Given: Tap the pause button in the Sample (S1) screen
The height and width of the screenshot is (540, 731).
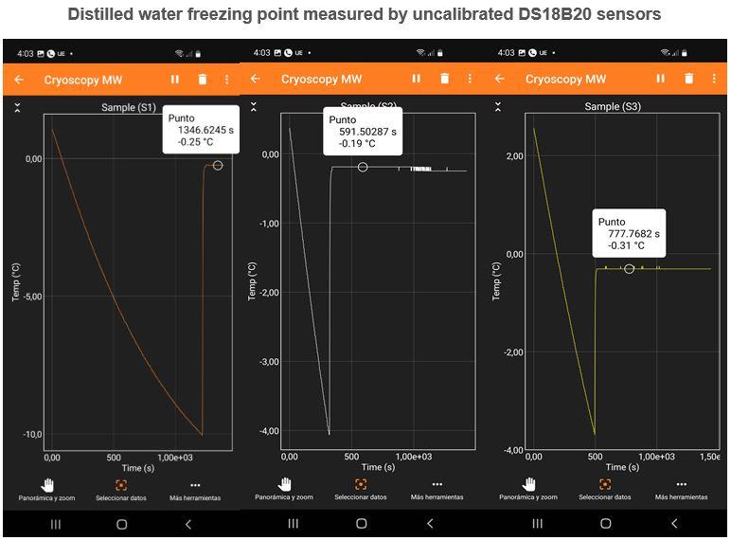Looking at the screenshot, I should click(x=174, y=80).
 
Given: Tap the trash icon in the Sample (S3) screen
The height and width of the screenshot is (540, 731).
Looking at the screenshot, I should click(x=688, y=80).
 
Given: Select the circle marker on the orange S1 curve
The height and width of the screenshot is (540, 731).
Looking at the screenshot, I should click(x=218, y=165).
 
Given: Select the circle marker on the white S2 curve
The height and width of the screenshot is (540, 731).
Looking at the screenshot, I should click(x=363, y=167).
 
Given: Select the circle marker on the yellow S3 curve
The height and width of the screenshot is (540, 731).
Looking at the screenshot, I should click(x=629, y=269).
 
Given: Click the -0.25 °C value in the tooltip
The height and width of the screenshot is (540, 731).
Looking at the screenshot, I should click(x=195, y=142).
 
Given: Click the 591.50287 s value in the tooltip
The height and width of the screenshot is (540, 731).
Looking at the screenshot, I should click(x=367, y=132).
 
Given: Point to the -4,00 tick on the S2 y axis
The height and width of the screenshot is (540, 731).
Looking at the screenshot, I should click(x=269, y=431).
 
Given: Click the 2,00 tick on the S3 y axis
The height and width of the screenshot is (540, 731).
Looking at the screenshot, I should click(x=514, y=156).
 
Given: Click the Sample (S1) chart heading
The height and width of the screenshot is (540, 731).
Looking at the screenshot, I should click(x=129, y=108).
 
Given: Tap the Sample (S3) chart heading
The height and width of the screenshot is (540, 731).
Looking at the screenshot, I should click(x=614, y=107).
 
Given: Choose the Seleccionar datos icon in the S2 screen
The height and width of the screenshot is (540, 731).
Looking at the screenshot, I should click(x=362, y=484).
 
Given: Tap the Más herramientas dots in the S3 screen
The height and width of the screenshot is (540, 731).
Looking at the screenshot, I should click(x=681, y=484).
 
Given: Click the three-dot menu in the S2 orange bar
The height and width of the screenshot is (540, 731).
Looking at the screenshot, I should click(x=464, y=80).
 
